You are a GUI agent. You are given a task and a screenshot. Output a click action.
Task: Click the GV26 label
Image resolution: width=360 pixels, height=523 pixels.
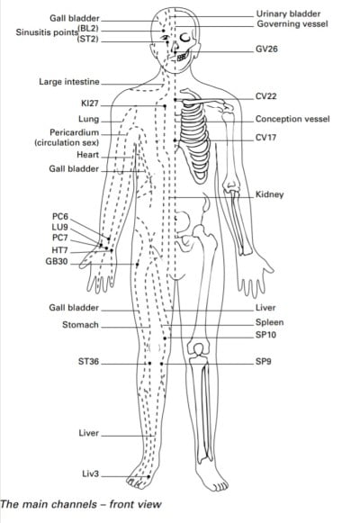click(x=266, y=49)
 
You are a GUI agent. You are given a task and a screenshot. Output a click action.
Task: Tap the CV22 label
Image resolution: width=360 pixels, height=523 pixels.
click(x=266, y=96)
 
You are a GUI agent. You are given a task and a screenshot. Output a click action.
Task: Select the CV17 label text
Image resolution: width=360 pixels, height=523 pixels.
click(x=265, y=138)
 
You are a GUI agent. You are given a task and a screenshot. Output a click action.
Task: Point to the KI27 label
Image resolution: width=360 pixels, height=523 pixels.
click(x=90, y=104)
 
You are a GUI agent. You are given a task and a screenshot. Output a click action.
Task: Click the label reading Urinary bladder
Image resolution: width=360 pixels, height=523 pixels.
click(x=288, y=14)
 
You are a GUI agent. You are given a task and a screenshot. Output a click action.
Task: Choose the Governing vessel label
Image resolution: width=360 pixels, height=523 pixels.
click(x=292, y=24)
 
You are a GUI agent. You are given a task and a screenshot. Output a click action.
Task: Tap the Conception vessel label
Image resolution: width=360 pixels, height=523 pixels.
click(x=292, y=119)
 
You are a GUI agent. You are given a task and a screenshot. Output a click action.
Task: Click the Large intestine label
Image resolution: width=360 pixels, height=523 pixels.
click(x=69, y=82)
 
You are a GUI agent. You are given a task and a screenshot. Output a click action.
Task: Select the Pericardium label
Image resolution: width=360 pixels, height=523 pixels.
click(x=75, y=132)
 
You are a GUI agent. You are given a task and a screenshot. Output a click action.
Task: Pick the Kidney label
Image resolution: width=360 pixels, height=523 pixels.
click(x=270, y=194)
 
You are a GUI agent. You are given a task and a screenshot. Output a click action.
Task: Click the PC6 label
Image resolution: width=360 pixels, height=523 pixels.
click(x=60, y=217)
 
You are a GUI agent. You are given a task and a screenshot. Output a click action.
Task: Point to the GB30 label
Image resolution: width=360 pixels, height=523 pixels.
click(x=57, y=261)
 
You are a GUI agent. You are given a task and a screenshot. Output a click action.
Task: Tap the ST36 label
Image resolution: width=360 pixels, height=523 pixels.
click(x=89, y=361)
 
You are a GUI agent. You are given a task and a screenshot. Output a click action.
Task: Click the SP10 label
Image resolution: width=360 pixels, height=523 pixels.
click(x=266, y=335)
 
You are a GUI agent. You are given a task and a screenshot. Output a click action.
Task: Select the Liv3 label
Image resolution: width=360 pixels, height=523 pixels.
click(x=91, y=474)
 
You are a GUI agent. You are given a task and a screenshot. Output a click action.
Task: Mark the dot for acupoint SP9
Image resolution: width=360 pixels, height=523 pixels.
click(x=162, y=364)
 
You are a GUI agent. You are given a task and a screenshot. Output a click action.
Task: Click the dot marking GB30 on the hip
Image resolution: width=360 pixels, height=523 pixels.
click(x=137, y=264)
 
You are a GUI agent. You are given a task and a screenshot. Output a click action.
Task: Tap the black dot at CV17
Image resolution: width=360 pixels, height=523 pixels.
click(x=175, y=140)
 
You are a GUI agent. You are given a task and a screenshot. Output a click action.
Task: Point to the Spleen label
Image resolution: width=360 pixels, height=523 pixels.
click(x=270, y=322)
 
